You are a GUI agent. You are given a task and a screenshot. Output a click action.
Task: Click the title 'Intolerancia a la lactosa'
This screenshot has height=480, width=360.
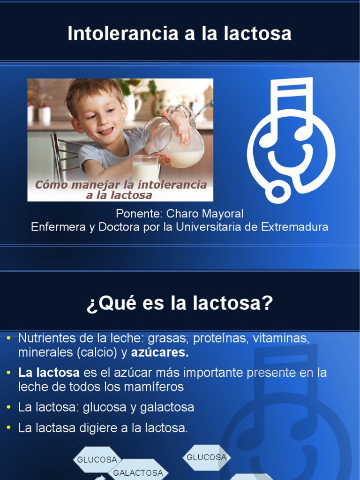(180, 34)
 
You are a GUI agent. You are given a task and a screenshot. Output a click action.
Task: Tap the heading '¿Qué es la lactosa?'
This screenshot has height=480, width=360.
(180, 304)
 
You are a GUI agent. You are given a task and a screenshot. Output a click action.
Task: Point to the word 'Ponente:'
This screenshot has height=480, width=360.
(139, 214)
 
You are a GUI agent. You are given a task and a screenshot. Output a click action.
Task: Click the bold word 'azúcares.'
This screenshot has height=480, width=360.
(160, 352)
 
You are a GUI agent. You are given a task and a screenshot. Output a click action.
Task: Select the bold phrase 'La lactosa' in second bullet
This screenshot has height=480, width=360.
(49, 373)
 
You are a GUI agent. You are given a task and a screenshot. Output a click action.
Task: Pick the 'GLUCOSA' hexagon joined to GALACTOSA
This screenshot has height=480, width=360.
(97, 460)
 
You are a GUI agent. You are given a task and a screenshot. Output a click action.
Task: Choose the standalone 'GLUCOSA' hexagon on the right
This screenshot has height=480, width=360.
(207, 457)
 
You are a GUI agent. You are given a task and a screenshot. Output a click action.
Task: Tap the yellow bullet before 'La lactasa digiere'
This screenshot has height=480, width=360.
(9, 427)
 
